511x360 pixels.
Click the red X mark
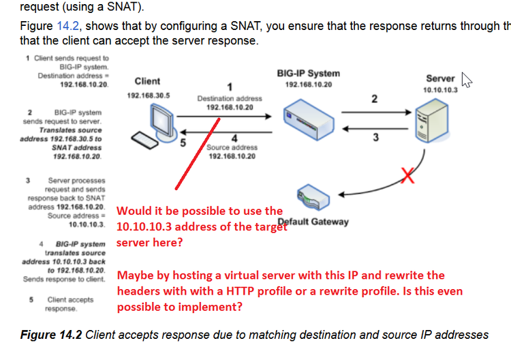point(407,177)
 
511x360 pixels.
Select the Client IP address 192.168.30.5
point(149,96)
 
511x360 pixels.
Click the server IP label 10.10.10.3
point(440,90)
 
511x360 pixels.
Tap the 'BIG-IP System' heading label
point(309,73)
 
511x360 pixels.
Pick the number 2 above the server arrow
point(374,100)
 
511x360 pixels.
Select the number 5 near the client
point(183,143)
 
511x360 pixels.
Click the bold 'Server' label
point(439,78)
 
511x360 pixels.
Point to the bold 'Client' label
point(148,81)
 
